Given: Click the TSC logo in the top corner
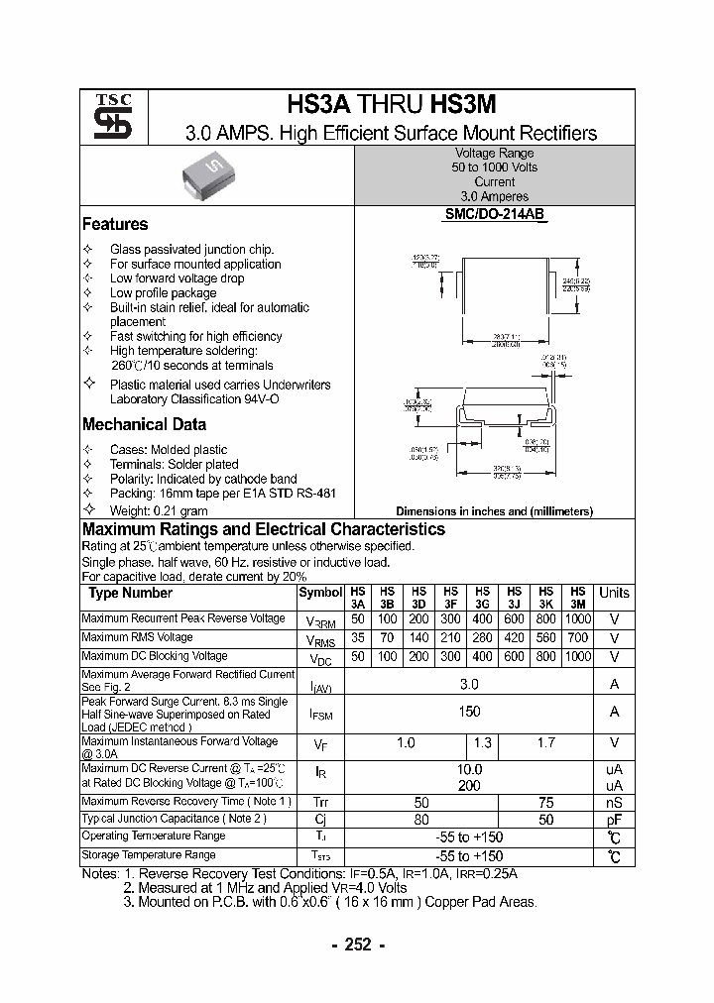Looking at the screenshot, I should pyautogui.click(x=105, y=117).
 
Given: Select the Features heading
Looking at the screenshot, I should pyautogui.click(x=115, y=225).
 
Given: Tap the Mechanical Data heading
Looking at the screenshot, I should pyautogui.click(x=144, y=424).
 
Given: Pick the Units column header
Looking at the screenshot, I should pyautogui.click(x=614, y=593).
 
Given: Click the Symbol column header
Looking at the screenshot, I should pyautogui.click(x=319, y=593).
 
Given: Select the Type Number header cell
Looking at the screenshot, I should pyautogui.click(x=130, y=593).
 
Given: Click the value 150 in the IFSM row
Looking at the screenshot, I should pyautogui.click(x=469, y=712).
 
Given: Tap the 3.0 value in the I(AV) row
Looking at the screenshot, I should pyautogui.click(x=469, y=684).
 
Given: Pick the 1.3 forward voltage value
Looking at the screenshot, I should pyautogui.click(x=483, y=743).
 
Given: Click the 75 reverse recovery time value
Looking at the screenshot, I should pyautogui.click(x=545, y=801).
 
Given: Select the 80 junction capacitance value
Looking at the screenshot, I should pyautogui.click(x=421, y=819).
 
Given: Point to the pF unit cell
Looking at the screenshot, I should pyautogui.click(x=614, y=819).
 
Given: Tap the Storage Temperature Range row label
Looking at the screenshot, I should pyautogui.click(x=148, y=854).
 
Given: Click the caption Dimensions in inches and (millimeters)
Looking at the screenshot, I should pyautogui.click(x=494, y=511).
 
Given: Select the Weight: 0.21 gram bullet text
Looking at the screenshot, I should pyautogui.click(x=159, y=510).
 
